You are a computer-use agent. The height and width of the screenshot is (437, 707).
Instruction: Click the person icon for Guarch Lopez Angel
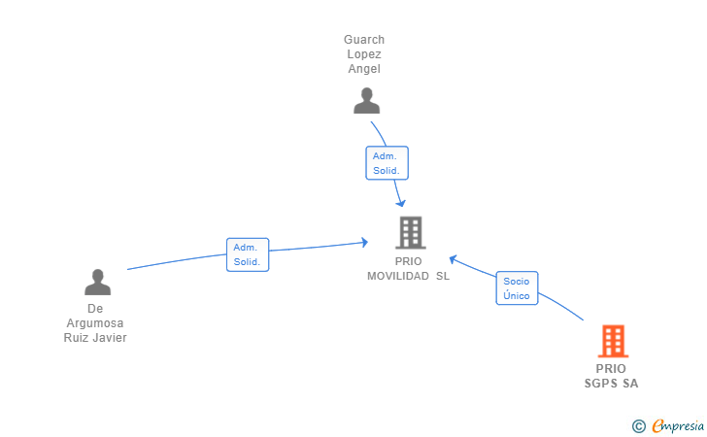[x=366, y=101]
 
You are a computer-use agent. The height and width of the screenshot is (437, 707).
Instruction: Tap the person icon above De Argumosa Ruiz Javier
[x=97, y=283]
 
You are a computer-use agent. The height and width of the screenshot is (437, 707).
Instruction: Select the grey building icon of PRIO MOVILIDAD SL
[x=411, y=233]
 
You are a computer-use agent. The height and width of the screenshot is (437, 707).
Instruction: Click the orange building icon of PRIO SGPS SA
[x=613, y=342]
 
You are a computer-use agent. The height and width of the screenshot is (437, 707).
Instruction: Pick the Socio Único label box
[x=517, y=288]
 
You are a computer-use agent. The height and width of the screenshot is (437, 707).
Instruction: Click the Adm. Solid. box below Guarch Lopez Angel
[x=387, y=163]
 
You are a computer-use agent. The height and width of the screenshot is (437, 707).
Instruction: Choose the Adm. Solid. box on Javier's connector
[x=248, y=254]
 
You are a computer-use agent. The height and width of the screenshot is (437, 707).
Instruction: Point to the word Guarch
[x=364, y=40]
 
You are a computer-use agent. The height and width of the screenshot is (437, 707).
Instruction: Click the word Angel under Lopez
[x=364, y=69]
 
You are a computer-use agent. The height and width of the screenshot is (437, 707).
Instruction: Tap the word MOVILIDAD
[x=398, y=276]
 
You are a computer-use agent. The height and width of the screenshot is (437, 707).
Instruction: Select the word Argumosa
[x=95, y=323]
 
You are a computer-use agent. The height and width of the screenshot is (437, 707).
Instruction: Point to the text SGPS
[x=601, y=384]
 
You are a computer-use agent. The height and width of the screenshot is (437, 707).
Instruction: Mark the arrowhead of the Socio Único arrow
[x=453, y=259]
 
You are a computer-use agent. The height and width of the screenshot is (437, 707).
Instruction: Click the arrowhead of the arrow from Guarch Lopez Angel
[x=400, y=204]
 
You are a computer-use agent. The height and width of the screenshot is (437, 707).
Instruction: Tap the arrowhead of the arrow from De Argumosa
[x=365, y=242]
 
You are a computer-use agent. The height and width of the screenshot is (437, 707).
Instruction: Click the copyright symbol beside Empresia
[x=639, y=426]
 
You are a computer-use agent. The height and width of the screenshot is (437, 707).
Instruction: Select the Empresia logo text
[x=678, y=425]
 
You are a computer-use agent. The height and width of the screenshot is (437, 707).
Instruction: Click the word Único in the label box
[x=517, y=295]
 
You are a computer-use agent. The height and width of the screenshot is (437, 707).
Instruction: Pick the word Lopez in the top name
[x=364, y=54]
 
